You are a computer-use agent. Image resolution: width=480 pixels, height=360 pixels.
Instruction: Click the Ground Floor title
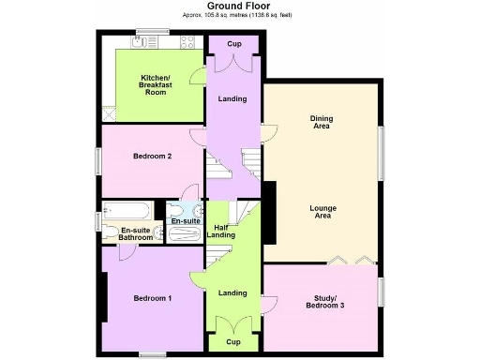click(x=239, y=6)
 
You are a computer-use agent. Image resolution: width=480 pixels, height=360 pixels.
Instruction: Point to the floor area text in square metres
click(x=239, y=16)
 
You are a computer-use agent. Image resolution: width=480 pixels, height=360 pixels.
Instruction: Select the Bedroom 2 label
click(x=152, y=156)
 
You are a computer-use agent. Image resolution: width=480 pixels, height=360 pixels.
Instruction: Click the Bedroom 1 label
click(x=152, y=298)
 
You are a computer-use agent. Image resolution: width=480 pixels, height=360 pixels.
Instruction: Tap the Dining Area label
click(x=322, y=122)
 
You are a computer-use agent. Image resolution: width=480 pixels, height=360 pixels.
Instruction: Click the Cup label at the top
click(x=233, y=44)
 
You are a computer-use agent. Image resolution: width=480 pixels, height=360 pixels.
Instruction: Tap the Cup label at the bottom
click(x=232, y=343)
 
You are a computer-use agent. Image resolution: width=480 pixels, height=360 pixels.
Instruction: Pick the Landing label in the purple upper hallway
click(x=232, y=98)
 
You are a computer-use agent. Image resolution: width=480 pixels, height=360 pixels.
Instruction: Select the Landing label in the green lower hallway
click(x=232, y=293)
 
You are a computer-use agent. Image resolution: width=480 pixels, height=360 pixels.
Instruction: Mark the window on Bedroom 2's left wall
click(x=97, y=160)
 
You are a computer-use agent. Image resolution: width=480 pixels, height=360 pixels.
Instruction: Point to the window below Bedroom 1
click(x=152, y=353)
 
